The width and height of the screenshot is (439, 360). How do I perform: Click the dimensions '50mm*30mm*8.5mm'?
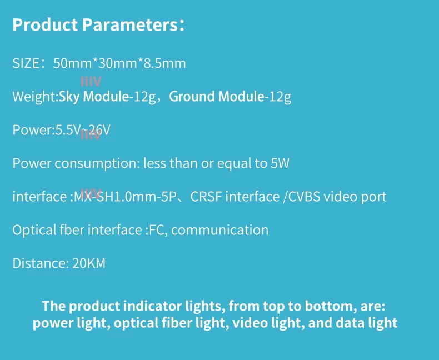[x=119, y=63]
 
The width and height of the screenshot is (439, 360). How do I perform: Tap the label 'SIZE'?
[x=26, y=63]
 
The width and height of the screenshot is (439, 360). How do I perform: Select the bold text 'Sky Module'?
[x=94, y=97]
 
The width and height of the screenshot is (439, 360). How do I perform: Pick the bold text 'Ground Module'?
[x=216, y=97]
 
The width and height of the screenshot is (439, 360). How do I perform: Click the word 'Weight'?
[x=33, y=97]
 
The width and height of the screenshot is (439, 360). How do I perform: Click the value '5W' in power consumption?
[x=280, y=163]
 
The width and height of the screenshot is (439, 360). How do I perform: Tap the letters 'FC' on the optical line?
[x=155, y=230]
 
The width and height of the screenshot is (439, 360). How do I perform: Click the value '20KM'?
[x=89, y=263]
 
